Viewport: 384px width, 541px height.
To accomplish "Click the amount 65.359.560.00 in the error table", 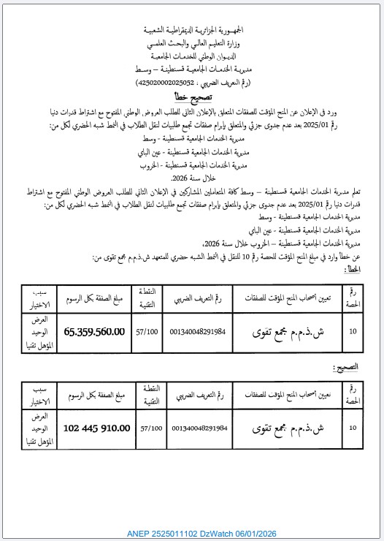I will click(94, 332).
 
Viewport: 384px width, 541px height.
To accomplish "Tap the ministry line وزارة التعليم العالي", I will click(192, 44).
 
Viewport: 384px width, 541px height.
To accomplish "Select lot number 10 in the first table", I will click(353, 332).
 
